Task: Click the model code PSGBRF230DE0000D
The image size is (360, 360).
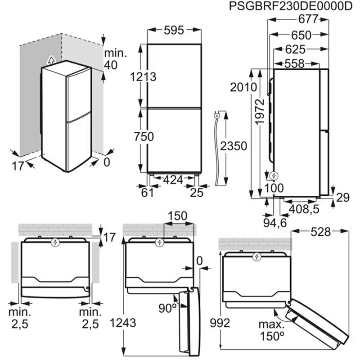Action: click(291, 6)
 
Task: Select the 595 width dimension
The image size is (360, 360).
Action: click(174, 31)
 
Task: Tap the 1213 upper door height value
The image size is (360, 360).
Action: click(143, 77)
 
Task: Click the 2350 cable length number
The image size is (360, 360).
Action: click(234, 146)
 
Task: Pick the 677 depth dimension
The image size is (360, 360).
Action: click(308, 19)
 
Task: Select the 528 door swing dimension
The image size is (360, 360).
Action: click(320, 232)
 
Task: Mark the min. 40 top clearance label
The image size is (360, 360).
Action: click(111, 59)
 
